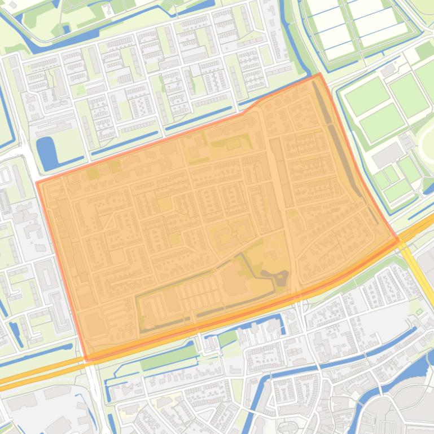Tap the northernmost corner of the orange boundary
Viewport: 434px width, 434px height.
tap(319, 74)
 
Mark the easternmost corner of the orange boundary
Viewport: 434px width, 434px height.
tap(398, 240)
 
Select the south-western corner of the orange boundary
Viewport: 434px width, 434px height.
tap(87, 359)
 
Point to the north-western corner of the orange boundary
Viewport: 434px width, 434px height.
tap(38, 182)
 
